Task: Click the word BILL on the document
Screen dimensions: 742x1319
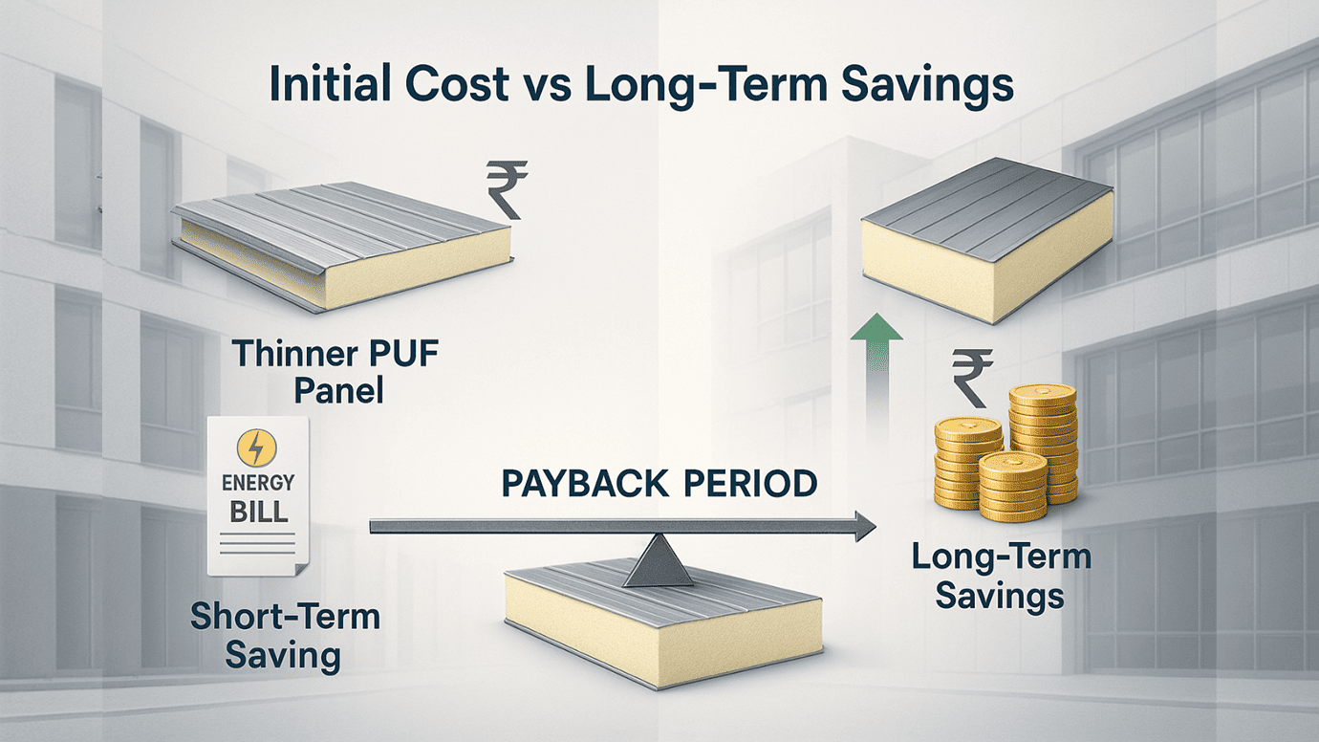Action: click(x=258, y=510)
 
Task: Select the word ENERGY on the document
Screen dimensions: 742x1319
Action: click(x=258, y=482)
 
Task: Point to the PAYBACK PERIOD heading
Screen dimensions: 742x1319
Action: click(x=659, y=482)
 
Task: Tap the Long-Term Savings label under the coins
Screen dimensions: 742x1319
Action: click(x=1000, y=577)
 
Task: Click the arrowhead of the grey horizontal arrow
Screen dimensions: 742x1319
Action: click(x=864, y=525)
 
